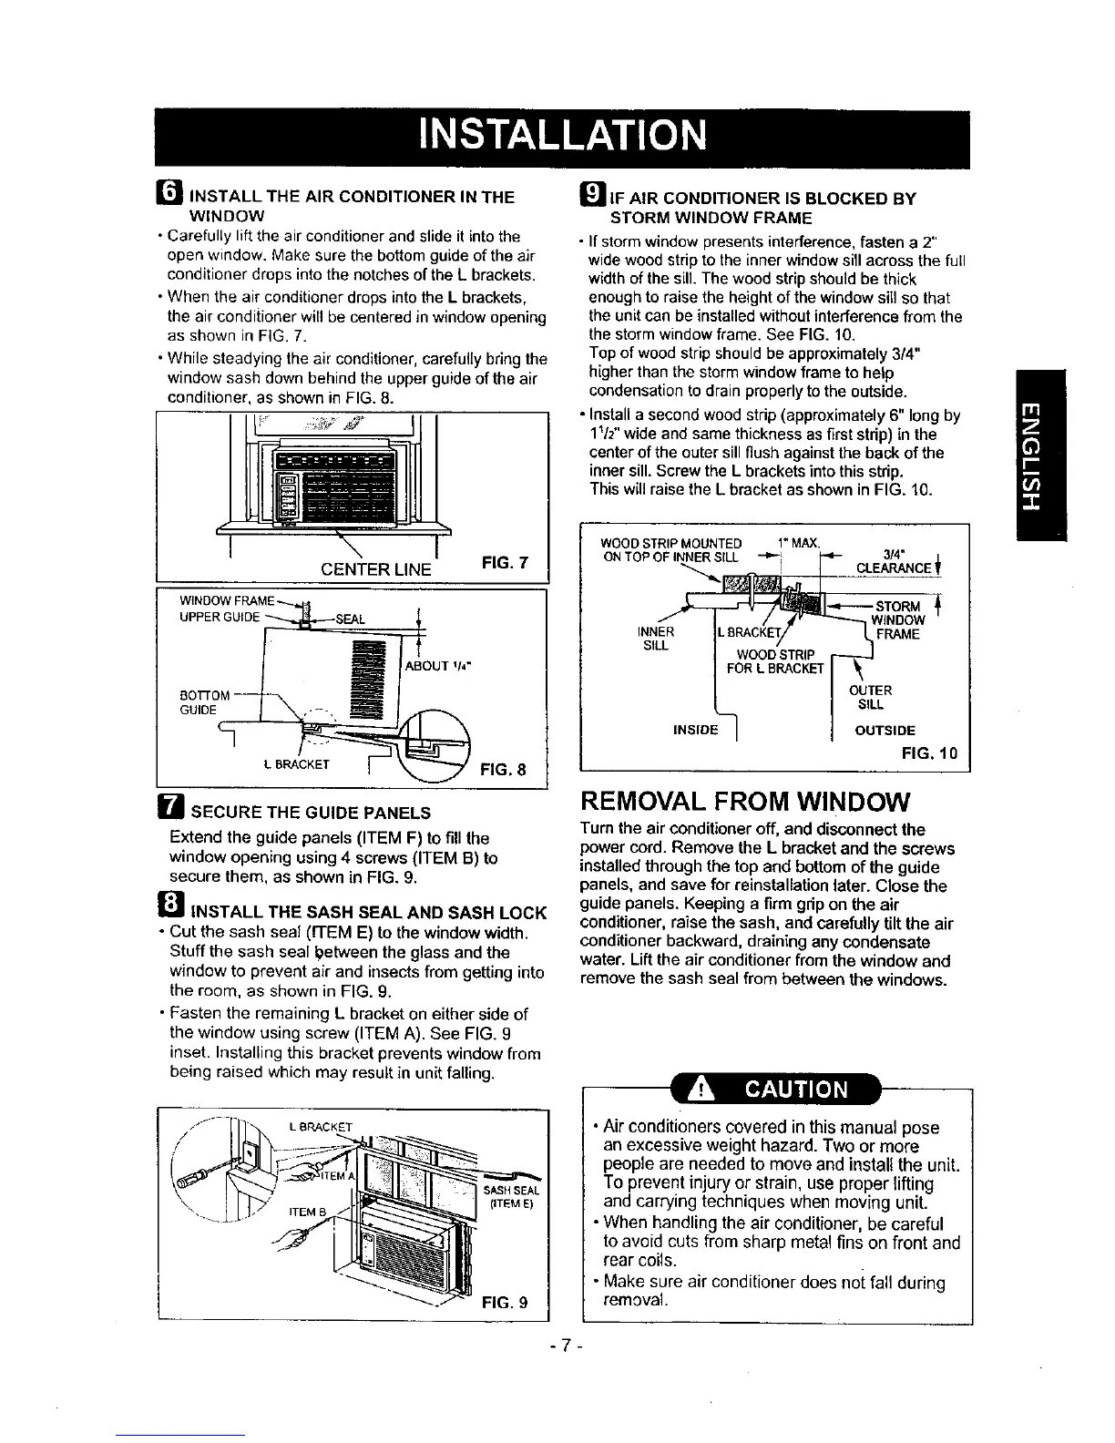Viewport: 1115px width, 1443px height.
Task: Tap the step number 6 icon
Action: (x=172, y=196)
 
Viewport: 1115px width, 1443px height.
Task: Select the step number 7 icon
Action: (x=172, y=811)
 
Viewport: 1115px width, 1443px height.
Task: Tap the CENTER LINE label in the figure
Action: (x=375, y=569)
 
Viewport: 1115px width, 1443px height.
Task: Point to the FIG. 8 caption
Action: (x=503, y=768)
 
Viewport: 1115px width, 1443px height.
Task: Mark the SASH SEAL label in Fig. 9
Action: (x=513, y=1191)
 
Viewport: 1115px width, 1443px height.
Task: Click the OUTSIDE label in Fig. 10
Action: (x=885, y=730)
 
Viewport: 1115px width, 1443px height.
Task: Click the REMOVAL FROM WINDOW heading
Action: (x=744, y=802)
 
